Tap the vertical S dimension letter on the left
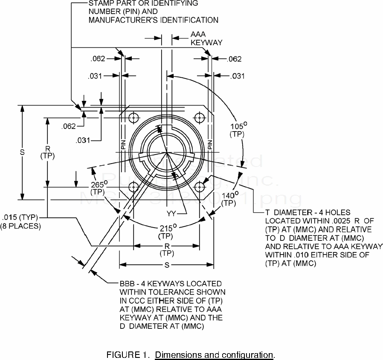(x=22, y=152)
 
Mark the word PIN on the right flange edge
(x=210, y=144)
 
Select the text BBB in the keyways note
(x=129, y=284)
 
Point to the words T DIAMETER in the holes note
(x=289, y=212)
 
